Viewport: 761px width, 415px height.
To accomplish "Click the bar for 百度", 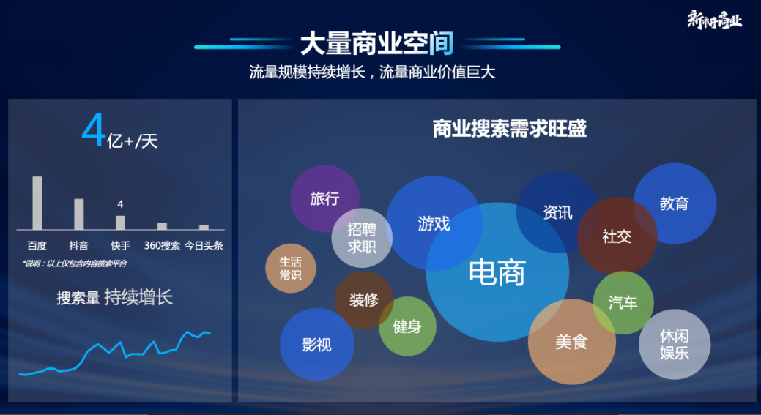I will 37,203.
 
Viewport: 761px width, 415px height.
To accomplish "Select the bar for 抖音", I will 78,214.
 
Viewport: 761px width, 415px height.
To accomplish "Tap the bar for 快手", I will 120,223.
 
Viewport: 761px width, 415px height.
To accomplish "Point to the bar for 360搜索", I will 162,226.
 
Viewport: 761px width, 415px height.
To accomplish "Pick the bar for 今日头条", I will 204,227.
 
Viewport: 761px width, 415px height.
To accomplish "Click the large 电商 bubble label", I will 497,273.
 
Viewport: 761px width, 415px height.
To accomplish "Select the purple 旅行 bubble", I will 324,198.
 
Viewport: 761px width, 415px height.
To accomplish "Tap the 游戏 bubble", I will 434,223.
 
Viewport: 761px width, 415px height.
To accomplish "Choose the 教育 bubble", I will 675,203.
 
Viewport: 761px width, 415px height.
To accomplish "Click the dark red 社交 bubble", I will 617,236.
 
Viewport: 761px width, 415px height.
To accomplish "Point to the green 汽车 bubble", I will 623,302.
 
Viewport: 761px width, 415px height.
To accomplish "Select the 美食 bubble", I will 571,342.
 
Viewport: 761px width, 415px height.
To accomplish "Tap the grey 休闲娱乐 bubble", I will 675,344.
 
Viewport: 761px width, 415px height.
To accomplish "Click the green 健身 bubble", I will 407,326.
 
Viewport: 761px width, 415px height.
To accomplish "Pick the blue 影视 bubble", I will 317,345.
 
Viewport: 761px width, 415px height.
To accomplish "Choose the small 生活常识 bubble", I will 291,268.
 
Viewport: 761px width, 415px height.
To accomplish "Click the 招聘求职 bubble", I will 362,238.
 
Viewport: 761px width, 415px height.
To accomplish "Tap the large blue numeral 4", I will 94,132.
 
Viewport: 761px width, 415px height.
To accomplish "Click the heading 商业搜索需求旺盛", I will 510,129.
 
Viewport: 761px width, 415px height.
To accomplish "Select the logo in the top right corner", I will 714,20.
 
